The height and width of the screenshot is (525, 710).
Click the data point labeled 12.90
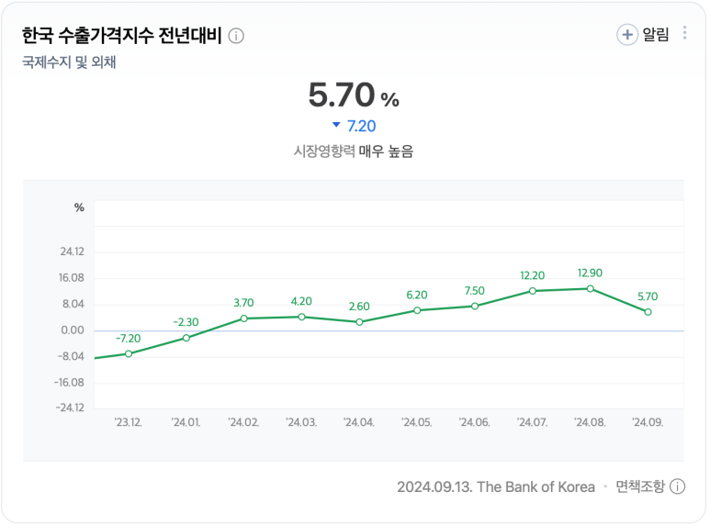pyautogui.click(x=590, y=288)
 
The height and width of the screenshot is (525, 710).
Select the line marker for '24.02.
pyautogui.click(x=243, y=318)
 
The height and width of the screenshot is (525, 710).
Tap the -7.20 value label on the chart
pyautogui.click(x=129, y=339)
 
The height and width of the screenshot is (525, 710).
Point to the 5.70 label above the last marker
pyautogui.click(x=648, y=296)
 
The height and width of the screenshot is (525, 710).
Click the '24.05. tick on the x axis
pyautogui.click(x=417, y=422)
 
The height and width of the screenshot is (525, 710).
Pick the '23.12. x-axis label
pyautogui.click(x=129, y=422)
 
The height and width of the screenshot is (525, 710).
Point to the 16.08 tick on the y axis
pyautogui.click(x=72, y=278)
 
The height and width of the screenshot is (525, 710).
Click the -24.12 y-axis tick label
pyautogui.click(x=70, y=408)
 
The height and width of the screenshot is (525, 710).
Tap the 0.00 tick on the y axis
pyautogui.click(x=73, y=330)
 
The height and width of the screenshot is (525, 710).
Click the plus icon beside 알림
pyautogui.click(x=627, y=35)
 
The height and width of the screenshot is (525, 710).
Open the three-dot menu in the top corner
pyautogui.click(x=685, y=34)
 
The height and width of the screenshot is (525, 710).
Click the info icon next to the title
pyautogui.click(x=236, y=36)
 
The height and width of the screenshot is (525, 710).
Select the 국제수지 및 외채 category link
pyautogui.click(x=69, y=62)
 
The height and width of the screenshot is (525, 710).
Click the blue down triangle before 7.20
pyautogui.click(x=336, y=126)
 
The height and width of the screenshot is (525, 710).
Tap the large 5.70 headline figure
pyautogui.click(x=342, y=95)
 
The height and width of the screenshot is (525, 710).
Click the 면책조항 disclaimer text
pyautogui.click(x=639, y=486)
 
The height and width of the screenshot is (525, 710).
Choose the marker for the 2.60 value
pyautogui.click(x=359, y=322)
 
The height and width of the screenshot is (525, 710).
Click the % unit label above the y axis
pyautogui.click(x=79, y=207)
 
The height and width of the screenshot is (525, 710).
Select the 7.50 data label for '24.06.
pyautogui.click(x=475, y=291)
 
